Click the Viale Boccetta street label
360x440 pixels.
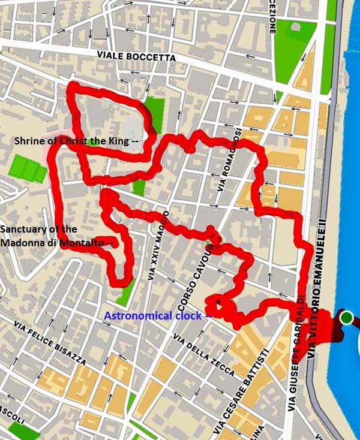tap(136, 57)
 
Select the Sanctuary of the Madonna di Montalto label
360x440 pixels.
tap(58, 236)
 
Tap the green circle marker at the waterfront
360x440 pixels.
tap(346, 317)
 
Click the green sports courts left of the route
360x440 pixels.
tap(28, 168)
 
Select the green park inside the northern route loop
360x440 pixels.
tap(153, 114)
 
